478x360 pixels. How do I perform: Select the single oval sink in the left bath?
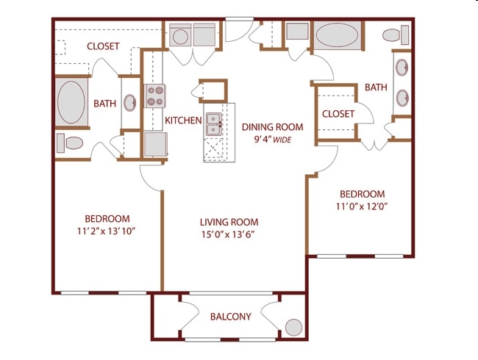click(x=129, y=102)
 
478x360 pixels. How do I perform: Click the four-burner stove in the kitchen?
click(x=155, y=96)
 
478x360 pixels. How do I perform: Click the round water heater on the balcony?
click(x=293, y=327)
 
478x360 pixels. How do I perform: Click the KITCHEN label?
click(x=183, y=120)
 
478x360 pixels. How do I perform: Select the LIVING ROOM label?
click(x=229, y=222)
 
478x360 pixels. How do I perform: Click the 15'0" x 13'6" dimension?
click(x=229, y=235)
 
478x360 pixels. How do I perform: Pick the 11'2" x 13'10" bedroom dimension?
click(x=107, y=231)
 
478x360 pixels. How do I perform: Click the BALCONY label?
click(x=231, y=317)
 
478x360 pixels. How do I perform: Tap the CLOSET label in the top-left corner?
click(x=103, y=46)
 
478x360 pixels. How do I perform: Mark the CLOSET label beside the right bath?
click(x=338, y=114)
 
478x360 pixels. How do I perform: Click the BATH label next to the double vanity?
click(x=376, y=87)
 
